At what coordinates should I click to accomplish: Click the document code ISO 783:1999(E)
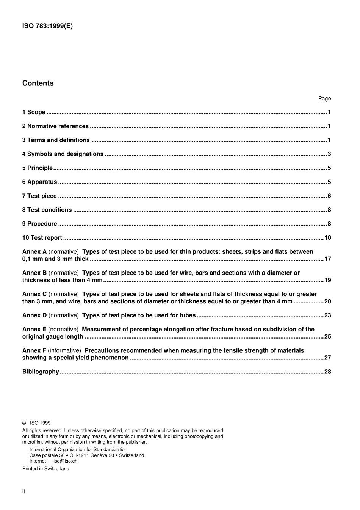coord(47,26)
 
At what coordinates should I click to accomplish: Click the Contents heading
coord(38,83)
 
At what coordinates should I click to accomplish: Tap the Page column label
coord(324,99)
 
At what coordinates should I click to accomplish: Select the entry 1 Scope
coord(34,112)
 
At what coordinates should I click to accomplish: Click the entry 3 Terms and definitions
coord(56,140)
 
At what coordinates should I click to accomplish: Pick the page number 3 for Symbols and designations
coord(329,154)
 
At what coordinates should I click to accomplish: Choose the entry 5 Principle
coord(37,168)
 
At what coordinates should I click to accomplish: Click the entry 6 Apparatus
coord(39,182)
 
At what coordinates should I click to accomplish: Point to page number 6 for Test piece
coord(329,196)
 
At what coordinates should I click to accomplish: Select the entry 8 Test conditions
coord(47,210)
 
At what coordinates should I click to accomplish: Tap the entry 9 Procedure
coord(39,224)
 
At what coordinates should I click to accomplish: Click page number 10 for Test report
coord(327,238)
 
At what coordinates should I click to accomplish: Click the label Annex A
coord(34,252)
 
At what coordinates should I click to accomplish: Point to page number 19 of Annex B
coord(327,280)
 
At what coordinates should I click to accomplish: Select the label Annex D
coord(34,315)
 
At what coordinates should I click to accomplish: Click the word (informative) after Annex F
coord(64,351)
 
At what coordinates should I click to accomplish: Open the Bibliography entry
coord(41,372)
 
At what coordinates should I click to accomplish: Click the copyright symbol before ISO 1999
coord(24,423)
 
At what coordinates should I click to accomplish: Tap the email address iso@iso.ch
coord(65,461)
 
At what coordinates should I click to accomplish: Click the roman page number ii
coord(23,491)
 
